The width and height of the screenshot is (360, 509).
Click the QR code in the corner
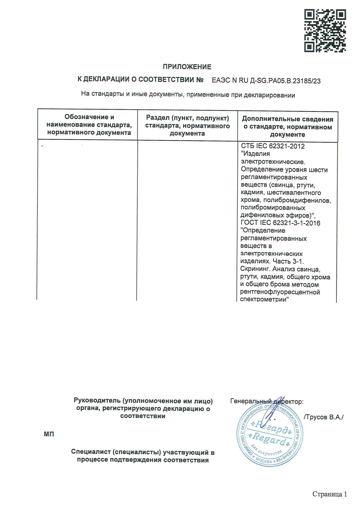click(x=325, y=31)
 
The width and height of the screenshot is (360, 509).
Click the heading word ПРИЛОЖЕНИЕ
click(x=187, y=67)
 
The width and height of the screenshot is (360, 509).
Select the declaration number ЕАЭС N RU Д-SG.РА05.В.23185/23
click(x=266, y=81)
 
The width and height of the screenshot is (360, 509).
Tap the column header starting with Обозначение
click(x=89, y=125)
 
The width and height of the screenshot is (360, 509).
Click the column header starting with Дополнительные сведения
click(x=287, y=127)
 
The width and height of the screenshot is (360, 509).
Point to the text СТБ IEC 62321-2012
click(x=273, y=146)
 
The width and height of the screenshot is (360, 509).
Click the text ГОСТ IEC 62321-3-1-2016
click(x=280, y=223)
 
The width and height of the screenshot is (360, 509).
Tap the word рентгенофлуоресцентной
click(x=280, y=292)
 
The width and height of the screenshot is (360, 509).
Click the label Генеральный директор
click(x=267, y=402)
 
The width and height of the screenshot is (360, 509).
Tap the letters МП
click(x=49, y=434)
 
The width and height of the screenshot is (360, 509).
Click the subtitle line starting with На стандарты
click(x=188, y=95)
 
